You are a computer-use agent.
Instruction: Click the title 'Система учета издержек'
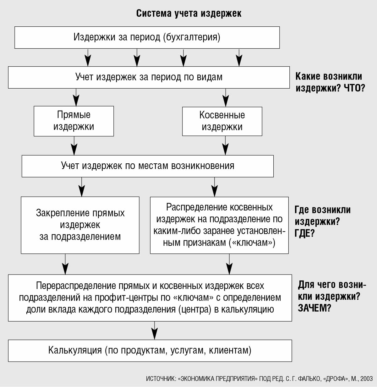(x=188, y=14)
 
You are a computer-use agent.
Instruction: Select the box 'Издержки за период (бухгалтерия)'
(x=147, y=38)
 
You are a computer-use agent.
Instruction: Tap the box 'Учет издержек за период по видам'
(x=149, y=77)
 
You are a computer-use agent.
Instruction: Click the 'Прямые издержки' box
(x=74, y=121)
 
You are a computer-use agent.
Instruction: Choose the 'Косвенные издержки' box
(x=222, y=121)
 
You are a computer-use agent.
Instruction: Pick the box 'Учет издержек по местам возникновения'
(x=148, y=166)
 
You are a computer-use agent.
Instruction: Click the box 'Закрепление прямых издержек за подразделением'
(x=80, y=225)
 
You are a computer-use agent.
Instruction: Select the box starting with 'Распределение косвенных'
(x=219, y=225)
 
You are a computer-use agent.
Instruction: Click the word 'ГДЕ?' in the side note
(x=304, y=233)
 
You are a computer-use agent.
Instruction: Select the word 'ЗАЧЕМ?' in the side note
(x=314, y=308)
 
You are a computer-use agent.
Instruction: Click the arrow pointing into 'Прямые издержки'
(x=76, y=97)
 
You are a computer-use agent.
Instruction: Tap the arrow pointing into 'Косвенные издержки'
(x=226, y=98)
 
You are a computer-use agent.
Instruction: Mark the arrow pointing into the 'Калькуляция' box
(x=155, y=330)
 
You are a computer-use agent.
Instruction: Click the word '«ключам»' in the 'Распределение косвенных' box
(x=252, y=243)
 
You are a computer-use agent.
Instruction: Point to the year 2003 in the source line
(x=366, y=379)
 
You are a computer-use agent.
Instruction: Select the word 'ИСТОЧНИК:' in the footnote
(x=161, y=379)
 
